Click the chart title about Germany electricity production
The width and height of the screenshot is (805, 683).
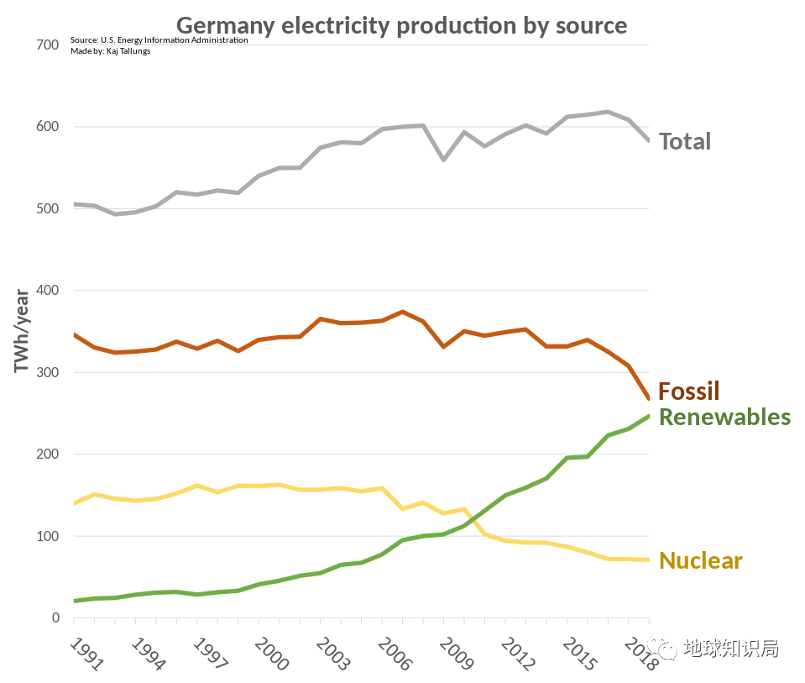[401, 25]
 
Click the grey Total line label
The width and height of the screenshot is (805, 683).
[684, 141]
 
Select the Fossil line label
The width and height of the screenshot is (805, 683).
[688, 391]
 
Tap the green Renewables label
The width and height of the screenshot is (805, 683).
[724, 417]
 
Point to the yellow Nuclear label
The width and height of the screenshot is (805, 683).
[701, 560]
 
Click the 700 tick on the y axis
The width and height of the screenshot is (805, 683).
[48, 45]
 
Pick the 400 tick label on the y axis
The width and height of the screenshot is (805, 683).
[48, 291]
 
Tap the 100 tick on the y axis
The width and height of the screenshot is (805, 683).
[48, 537]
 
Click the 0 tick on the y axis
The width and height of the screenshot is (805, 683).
[55, 618]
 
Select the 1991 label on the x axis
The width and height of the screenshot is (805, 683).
[85, 654]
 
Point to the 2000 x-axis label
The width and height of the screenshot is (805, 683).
[270, 654]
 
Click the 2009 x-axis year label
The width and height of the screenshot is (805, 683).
[456, 654]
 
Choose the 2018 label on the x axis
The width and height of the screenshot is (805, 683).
[641, 654]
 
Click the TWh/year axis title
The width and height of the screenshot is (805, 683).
[22, 331]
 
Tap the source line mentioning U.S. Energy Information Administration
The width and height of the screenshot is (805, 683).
[159, 40]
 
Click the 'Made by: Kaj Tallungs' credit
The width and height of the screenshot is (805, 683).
[110, 51]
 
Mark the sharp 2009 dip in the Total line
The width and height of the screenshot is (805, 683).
[443, 160]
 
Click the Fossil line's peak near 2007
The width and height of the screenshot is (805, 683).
[403, 312]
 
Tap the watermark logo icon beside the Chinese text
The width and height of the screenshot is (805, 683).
[667, 649]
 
